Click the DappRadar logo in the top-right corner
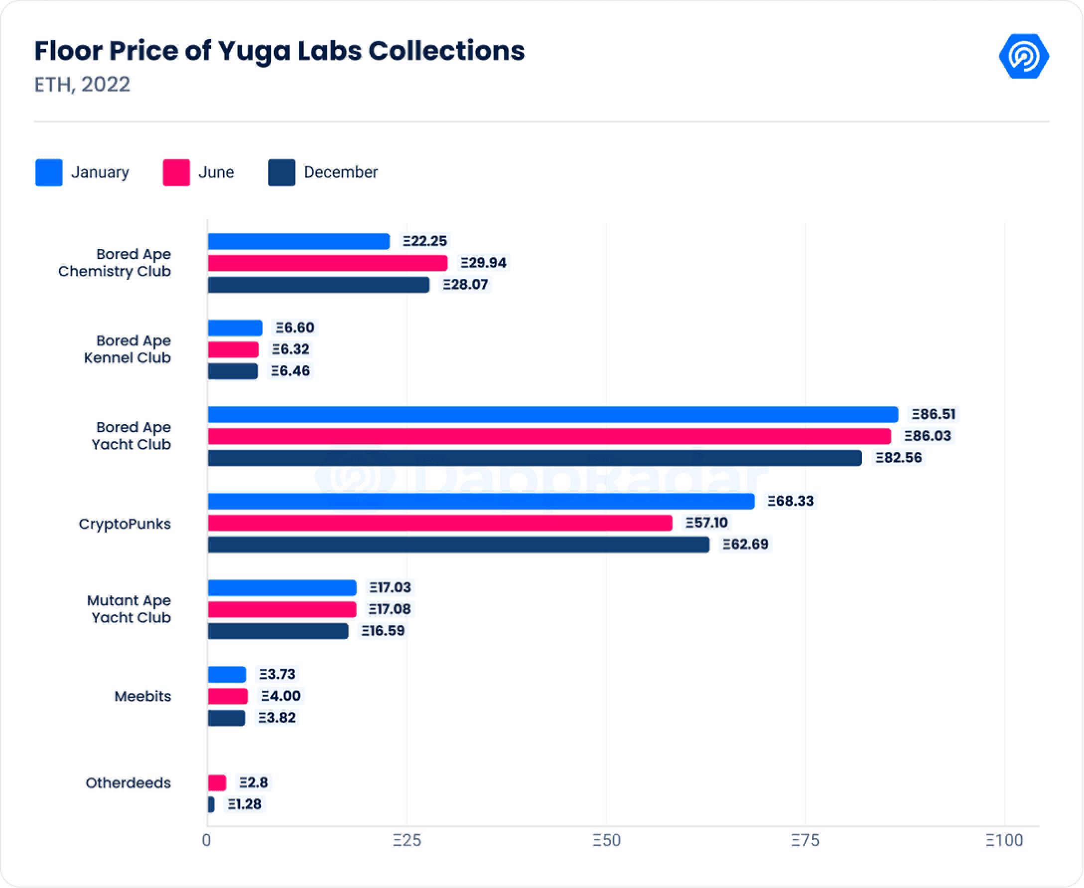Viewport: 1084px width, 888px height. (1024, 56)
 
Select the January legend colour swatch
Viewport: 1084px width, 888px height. (49, 172)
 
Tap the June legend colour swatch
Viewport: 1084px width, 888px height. (176, 172)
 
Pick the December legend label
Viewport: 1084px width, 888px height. (340, 172)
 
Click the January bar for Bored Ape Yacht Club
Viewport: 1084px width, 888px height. (553, 414)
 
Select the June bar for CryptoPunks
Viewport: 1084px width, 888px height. (440, 523)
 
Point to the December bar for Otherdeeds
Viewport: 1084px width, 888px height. (211, 804)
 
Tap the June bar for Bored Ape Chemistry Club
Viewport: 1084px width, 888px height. (328, 263)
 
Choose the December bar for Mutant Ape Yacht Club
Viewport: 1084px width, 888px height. (278, 631)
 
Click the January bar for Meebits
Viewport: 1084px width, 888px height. (227, 674)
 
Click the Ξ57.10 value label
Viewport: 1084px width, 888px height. (707, 523)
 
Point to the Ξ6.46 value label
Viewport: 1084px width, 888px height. (290, 371)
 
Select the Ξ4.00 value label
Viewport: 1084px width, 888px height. (280, 696)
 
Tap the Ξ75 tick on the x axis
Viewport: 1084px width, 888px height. (805, 840)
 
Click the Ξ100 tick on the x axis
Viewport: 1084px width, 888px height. (1004, 840)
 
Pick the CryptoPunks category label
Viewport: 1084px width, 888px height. (125, 524)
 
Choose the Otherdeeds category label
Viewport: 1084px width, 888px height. (128, 782)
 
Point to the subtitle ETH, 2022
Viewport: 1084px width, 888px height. (82, 85)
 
